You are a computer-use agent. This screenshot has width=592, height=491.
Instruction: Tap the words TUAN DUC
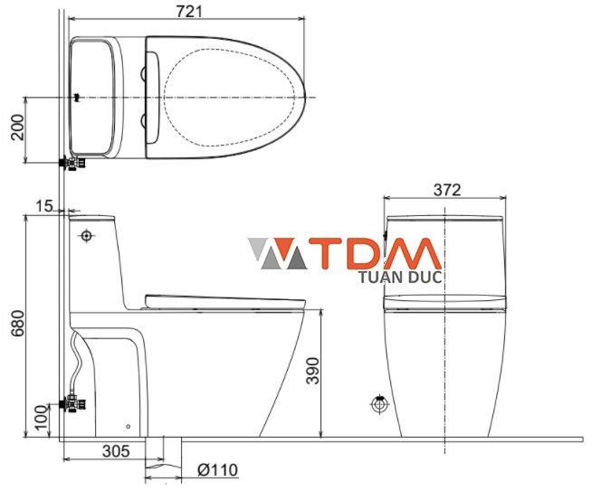pyautogui.click(x=400, y=278)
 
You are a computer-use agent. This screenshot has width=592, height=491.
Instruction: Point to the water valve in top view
pyautogui.click(x=71, y=164)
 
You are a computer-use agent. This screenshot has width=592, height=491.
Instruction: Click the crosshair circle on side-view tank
pyautogui.click(x=87, y=237)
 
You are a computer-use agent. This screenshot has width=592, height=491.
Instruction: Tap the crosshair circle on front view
pyautogui.click(x=379, y=404)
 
